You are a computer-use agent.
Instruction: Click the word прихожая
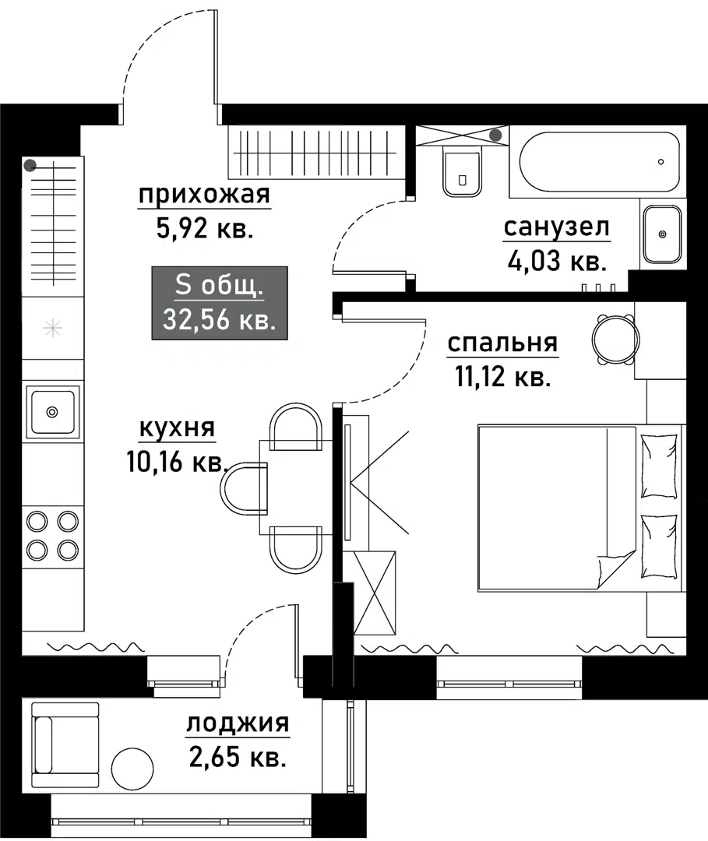point(204,196)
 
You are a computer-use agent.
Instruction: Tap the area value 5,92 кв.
point(204,229)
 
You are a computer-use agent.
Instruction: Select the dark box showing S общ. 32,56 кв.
point(220,303)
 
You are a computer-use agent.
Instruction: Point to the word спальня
point(502,343)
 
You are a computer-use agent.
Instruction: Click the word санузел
point(556,227)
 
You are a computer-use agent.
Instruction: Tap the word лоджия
point(238,724)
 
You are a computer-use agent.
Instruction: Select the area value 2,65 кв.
point(238,757)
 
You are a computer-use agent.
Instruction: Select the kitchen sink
point(52,411)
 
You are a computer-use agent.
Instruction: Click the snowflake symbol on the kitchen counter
point(52,328)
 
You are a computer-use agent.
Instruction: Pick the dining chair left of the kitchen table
point(243,489)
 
